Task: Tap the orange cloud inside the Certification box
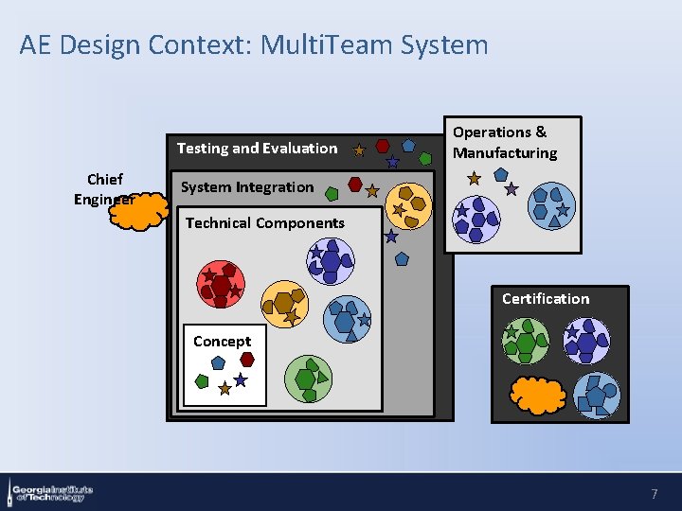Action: (x=538, y=394)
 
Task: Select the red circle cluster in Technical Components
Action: (x=220, y=284)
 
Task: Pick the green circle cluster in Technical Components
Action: (x=308, y=379)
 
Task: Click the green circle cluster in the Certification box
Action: (x=526, y=341)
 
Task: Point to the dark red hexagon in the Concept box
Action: (x=247, y=359)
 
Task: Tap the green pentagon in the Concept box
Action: (x=201, y=381)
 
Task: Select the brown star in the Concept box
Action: (x=224, y=388)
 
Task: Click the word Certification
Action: (x=545, y=299)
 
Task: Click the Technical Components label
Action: (x=265, y=223)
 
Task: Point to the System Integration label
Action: (x=246, y=187)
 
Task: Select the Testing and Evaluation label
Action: (x=257, y=148)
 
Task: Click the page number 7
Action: (x=654, y=494)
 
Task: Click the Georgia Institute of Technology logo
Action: (x=51, y=492)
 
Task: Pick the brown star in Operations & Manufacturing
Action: (x=475, y=178)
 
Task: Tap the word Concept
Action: (x=222, y=342)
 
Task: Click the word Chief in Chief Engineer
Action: (x=104, y=180)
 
